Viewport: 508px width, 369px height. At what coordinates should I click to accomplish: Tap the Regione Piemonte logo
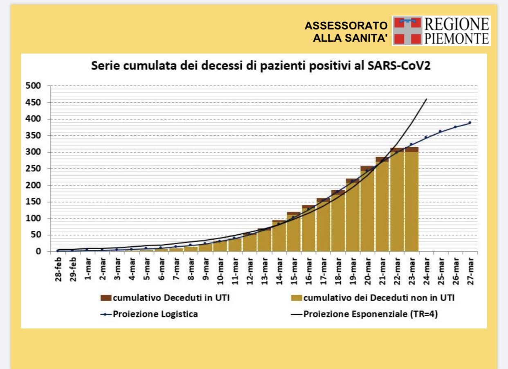point(441,31)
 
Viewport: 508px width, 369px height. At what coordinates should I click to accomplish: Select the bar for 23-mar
point(411,200)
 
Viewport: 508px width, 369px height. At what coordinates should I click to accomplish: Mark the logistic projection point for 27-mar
point(470,122)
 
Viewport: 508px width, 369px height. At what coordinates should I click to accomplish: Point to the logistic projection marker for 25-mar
point(441,131)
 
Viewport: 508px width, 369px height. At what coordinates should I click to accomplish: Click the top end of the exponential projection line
point(427,99)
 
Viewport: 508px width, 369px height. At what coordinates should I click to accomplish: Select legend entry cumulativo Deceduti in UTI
point(165,298)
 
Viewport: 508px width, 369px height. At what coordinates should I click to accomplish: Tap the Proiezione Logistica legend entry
point(150,314)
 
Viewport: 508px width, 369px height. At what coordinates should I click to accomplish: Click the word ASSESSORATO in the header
point(346,26)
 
